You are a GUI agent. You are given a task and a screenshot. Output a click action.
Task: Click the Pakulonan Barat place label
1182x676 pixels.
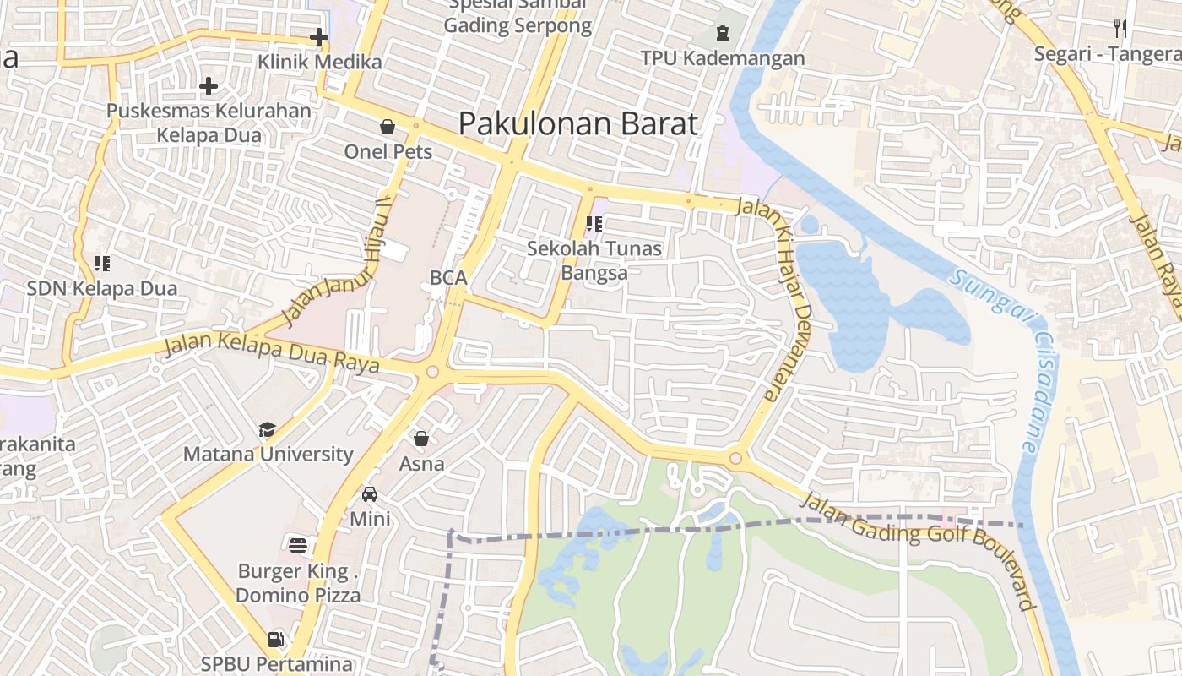coord(578,124)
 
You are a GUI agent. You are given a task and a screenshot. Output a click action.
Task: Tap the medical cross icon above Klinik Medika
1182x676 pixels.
coord(318,37)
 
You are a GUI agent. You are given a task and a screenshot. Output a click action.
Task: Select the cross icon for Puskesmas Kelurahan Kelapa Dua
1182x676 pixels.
coord(209,86)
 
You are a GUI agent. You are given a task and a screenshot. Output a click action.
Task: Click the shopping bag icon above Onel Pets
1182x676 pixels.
coord(388,128)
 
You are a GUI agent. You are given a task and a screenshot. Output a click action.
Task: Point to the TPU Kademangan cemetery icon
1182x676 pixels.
coord(723,34)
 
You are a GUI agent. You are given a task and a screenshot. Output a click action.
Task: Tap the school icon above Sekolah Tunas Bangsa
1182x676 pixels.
coord(594,224)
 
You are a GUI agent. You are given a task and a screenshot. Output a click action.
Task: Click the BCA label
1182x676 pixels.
coord(448,278)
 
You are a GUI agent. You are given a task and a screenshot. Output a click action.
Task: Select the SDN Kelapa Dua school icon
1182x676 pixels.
coord(102,264)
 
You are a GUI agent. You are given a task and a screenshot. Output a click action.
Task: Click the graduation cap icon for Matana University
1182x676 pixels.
coord(268,429)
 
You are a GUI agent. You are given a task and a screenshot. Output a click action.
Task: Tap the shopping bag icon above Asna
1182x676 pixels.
coord(421,439)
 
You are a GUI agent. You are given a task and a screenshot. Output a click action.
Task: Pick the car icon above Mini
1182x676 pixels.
coord(370,494)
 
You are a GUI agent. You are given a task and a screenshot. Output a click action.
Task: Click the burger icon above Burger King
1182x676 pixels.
coord(297,546)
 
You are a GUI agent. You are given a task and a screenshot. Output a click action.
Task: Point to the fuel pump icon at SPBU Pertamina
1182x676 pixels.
coord(275,640)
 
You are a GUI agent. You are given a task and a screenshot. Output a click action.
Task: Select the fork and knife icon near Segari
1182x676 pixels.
coord(1120,29)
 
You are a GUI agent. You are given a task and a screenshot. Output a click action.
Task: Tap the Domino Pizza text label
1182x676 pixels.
coord(298,596)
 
